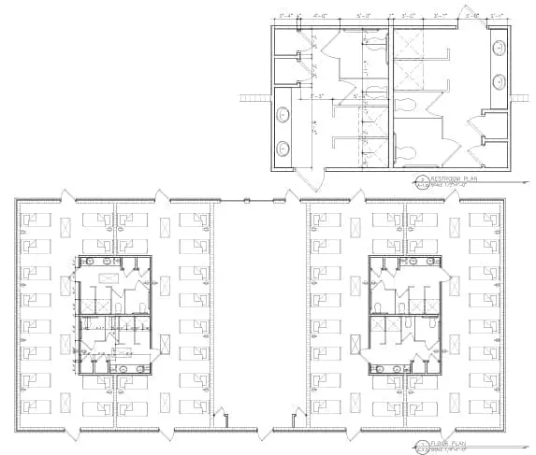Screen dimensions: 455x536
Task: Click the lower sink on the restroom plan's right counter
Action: [500, 78]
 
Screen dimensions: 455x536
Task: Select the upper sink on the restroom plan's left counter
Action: [283, 116]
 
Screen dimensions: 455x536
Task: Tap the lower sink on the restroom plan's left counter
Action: [283, 147]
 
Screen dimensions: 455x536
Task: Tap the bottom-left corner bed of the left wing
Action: [35, 407]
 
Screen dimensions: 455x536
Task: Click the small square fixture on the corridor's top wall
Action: [245, 198]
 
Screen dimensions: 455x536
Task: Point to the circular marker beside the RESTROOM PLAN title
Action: [423, 179]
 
